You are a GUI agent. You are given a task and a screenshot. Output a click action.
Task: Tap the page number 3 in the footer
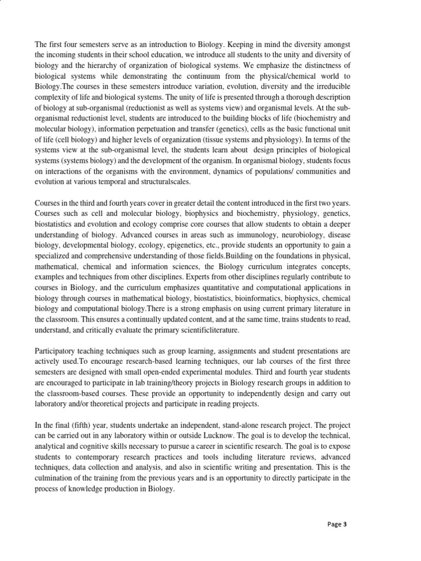coord(345,524)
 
